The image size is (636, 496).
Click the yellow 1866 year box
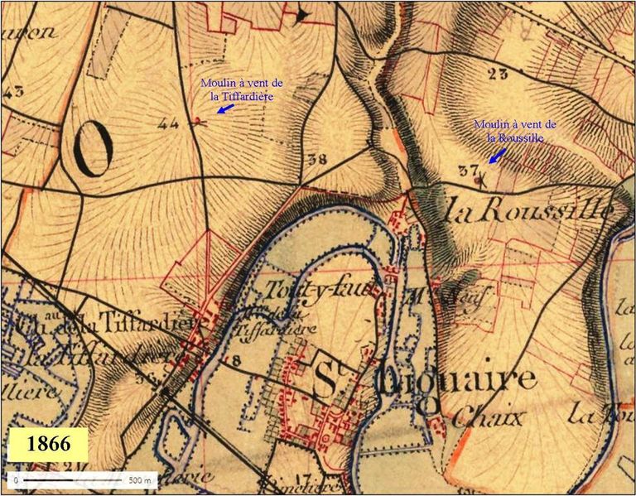point(47,445)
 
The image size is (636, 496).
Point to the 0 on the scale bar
point(16,480)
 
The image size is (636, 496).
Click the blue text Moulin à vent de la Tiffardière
point(242,89)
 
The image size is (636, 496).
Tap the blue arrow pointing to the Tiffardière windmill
point(224,108)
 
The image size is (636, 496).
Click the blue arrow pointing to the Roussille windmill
point(497,155)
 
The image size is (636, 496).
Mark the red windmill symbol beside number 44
point(197,122)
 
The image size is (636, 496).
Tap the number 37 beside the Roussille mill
point(469,171)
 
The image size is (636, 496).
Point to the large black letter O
point(92,151)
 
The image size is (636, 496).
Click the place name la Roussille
point(530,212)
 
